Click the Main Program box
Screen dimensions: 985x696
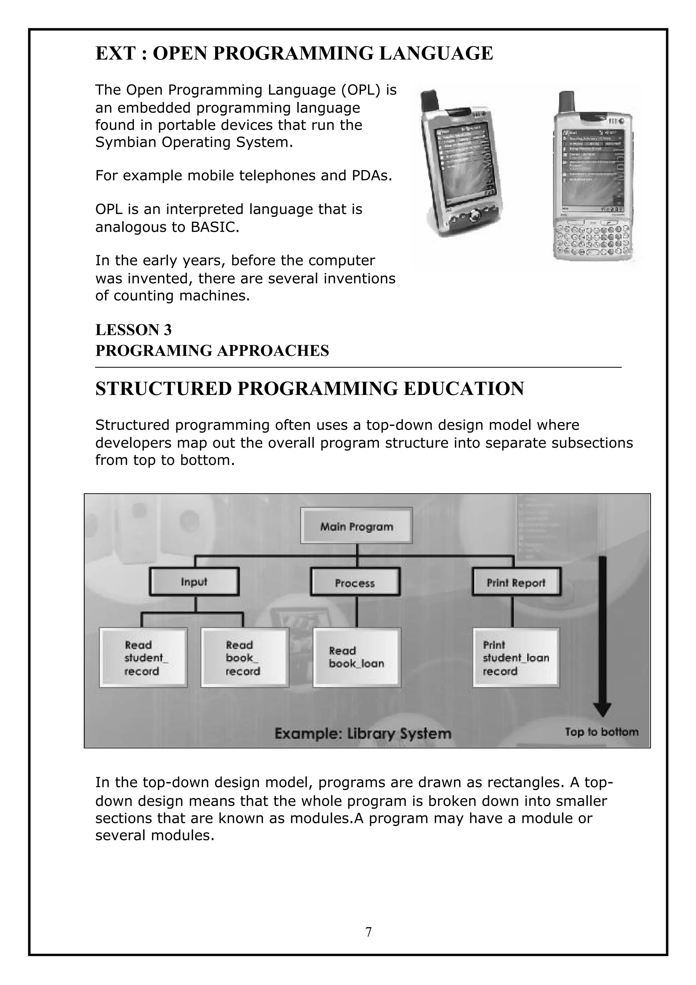point(356,525)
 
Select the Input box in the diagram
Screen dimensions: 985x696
point(194,582)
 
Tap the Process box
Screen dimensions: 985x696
point(355,583)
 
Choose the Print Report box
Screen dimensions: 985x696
point(516,582)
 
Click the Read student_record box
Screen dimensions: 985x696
point(143,658)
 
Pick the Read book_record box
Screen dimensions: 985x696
point(244,658)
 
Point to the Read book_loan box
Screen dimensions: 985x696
point(356,658)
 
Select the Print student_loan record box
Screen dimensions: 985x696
point(516,658)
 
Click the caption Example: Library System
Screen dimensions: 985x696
point(363,733)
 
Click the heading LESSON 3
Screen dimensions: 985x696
point(133,330)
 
